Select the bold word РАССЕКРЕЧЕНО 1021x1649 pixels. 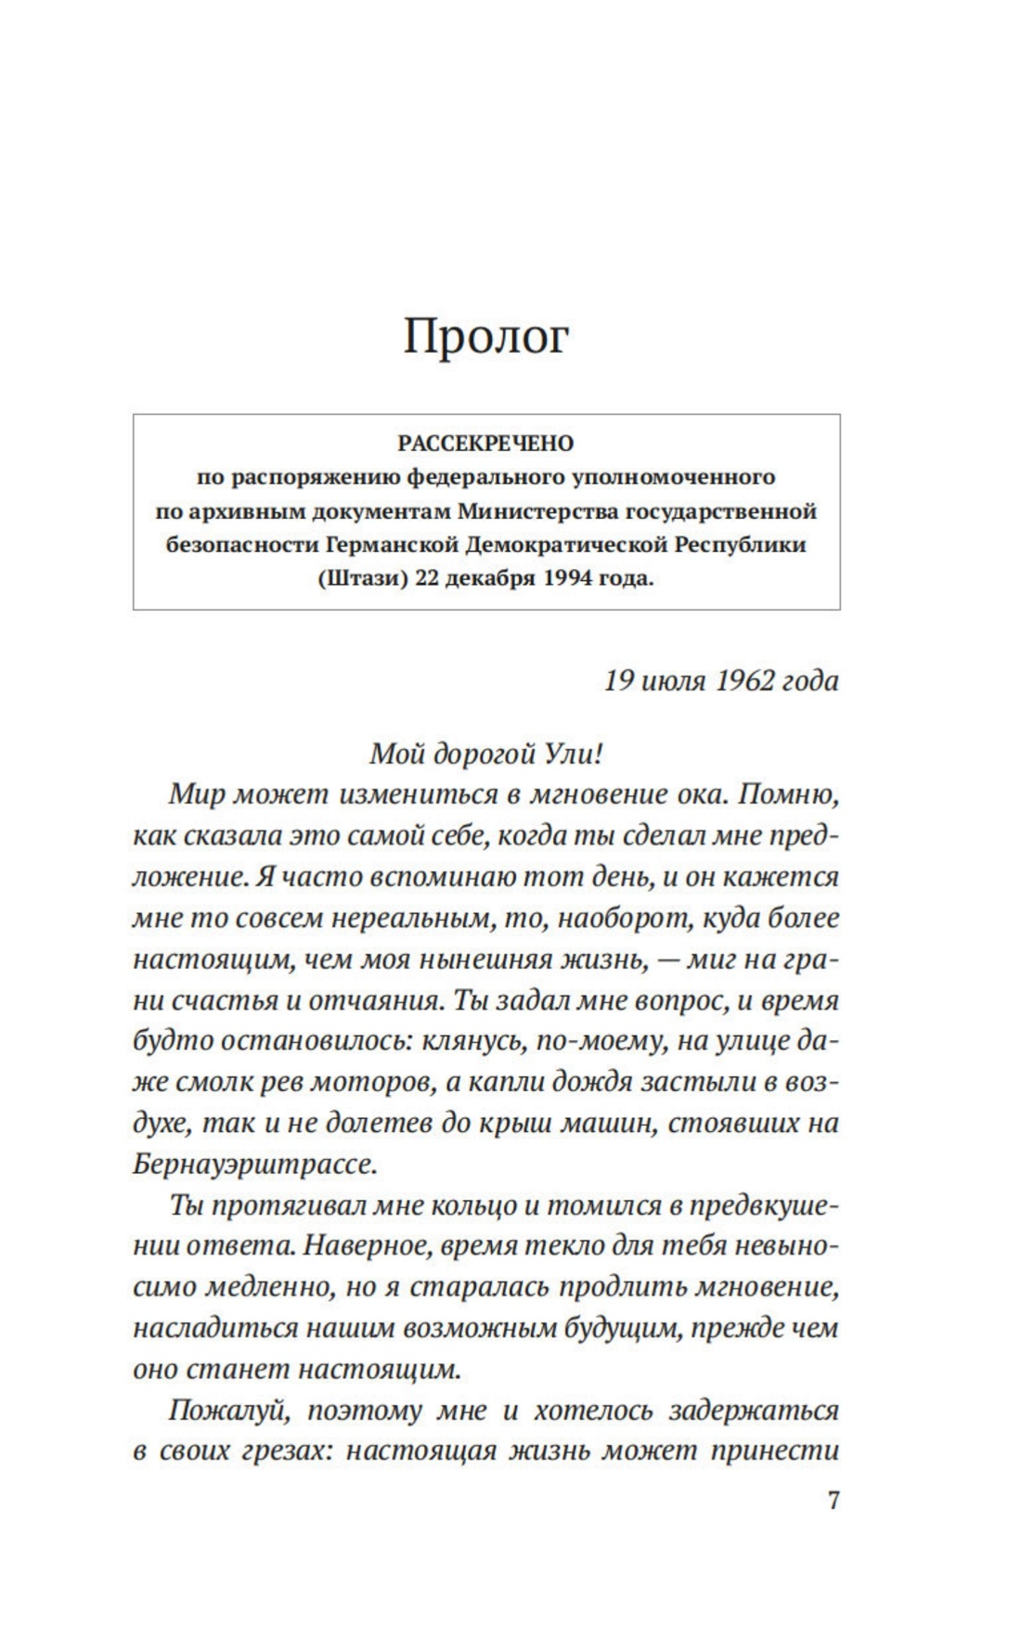click(485, 444)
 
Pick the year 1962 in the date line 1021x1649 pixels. click(745, 681)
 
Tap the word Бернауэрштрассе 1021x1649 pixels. click(254, 1164)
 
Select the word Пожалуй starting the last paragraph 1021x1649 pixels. click(230, 1411)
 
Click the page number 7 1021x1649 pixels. click(833, 1501)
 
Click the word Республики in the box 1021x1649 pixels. click(739, 545)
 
